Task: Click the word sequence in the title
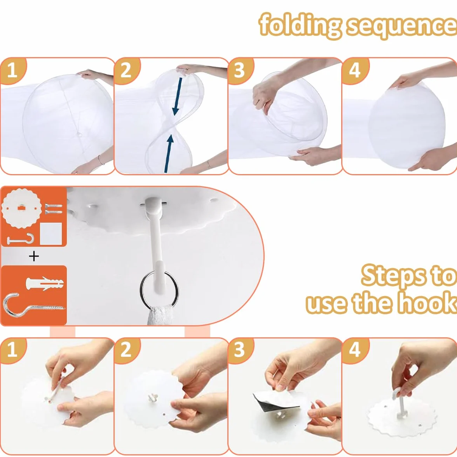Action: point(402,27)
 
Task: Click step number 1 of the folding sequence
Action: point(12,70)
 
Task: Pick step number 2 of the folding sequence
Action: point(126,70)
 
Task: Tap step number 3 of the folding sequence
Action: point(239,70)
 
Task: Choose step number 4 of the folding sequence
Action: point(354,70)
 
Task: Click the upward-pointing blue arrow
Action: point(169,153)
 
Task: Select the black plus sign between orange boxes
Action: point(34,256)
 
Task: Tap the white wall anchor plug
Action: point(45,283)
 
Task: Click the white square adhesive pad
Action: point(51,234)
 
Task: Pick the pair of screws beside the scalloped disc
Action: point(54,209)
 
